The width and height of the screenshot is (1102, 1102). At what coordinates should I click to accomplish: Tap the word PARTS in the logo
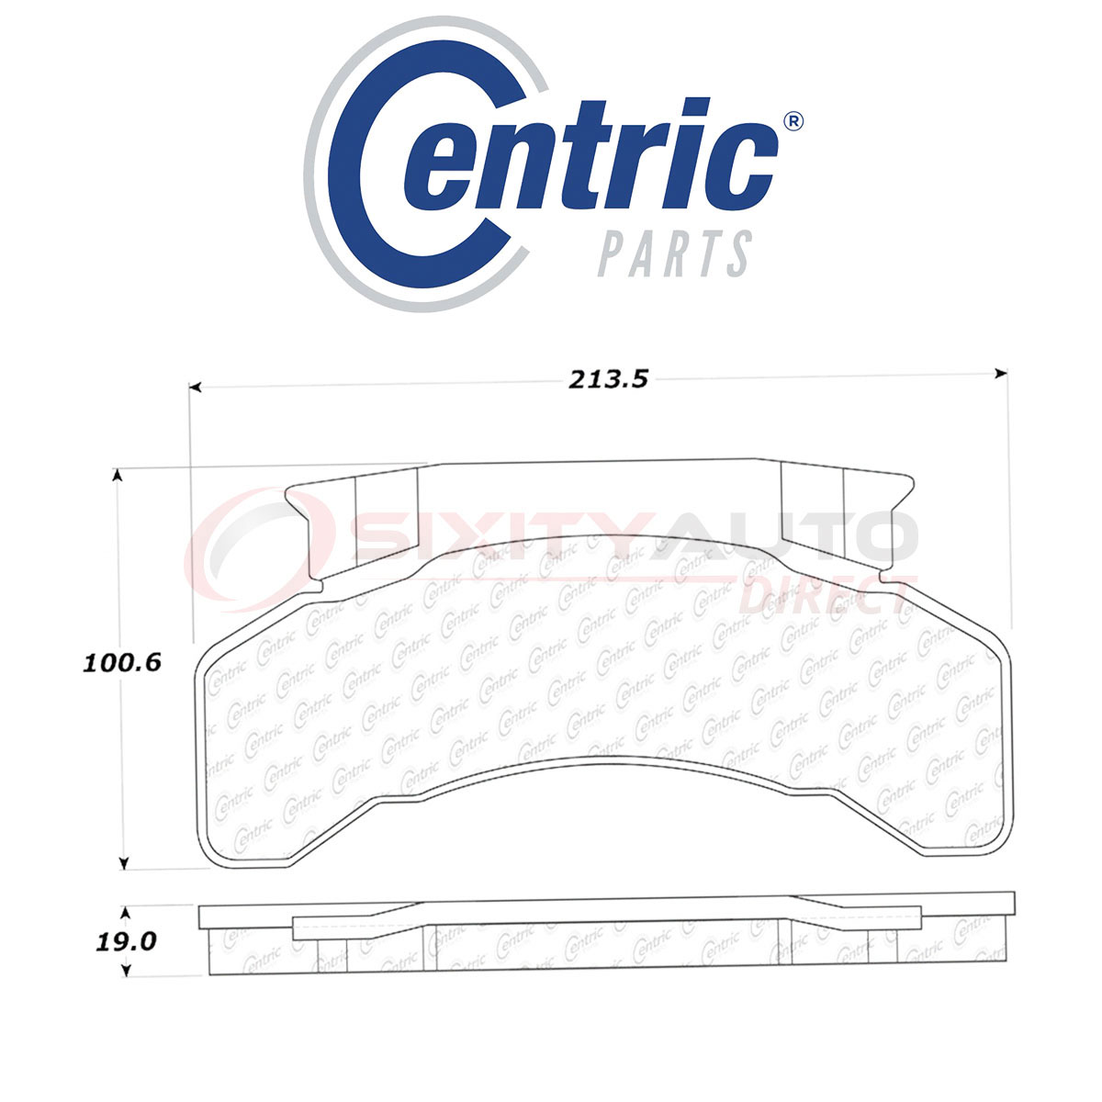(676, 253)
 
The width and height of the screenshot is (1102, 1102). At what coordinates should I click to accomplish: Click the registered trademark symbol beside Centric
(792, 121)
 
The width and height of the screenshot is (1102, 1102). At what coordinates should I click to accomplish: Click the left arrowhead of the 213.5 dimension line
(196, 388)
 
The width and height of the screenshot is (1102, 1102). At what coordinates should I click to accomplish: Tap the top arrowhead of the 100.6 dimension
(117, 475)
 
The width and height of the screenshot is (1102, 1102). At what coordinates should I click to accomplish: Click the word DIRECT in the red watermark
(826, 597)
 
